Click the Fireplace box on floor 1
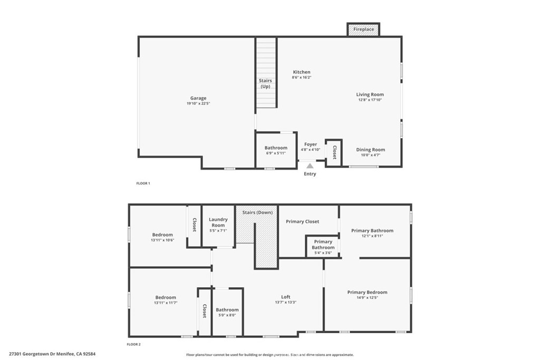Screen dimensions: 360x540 363,30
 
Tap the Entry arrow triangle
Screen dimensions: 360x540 310,166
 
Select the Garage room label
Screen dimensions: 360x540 198,98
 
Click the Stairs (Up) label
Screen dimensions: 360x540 265,83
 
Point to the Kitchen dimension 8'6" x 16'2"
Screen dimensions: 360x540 302,77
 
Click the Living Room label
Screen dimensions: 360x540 370,94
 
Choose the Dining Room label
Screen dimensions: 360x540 370,150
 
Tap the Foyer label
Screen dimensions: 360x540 310,144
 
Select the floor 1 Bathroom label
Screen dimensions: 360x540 276,148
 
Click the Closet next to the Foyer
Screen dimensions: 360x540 334,152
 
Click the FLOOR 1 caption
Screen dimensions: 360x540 143,183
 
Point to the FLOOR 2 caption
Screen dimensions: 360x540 133,344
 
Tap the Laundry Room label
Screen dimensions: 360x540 218,222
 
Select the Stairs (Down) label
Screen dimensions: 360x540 257,212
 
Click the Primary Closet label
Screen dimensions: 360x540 302,221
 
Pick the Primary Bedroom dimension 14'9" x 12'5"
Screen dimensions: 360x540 367,298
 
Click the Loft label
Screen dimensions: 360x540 285,297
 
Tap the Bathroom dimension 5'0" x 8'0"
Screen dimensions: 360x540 227,315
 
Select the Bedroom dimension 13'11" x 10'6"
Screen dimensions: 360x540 162,240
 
